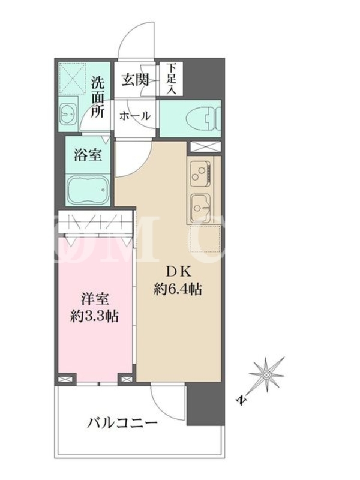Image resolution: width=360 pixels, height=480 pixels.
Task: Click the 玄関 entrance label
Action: (135, 80)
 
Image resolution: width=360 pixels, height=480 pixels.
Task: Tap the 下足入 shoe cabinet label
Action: (172, 78)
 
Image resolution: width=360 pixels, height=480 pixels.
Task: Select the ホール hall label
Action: (135, 116)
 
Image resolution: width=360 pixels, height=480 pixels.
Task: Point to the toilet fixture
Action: (203, 119)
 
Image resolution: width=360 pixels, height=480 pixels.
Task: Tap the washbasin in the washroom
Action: (67, 114)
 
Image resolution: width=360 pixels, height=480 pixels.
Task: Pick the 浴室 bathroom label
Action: (88, 155)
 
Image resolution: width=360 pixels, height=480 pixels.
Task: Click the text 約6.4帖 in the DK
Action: (178, 289)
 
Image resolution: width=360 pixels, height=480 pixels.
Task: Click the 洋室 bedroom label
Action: (95, 299)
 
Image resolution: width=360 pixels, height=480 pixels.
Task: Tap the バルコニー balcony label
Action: (122, 424)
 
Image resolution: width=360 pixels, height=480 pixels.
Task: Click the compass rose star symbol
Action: (266, 374)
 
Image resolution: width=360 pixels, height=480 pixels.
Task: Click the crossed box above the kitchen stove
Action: (205, 146)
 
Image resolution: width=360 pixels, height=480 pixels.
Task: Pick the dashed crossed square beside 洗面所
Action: (72, 76)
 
